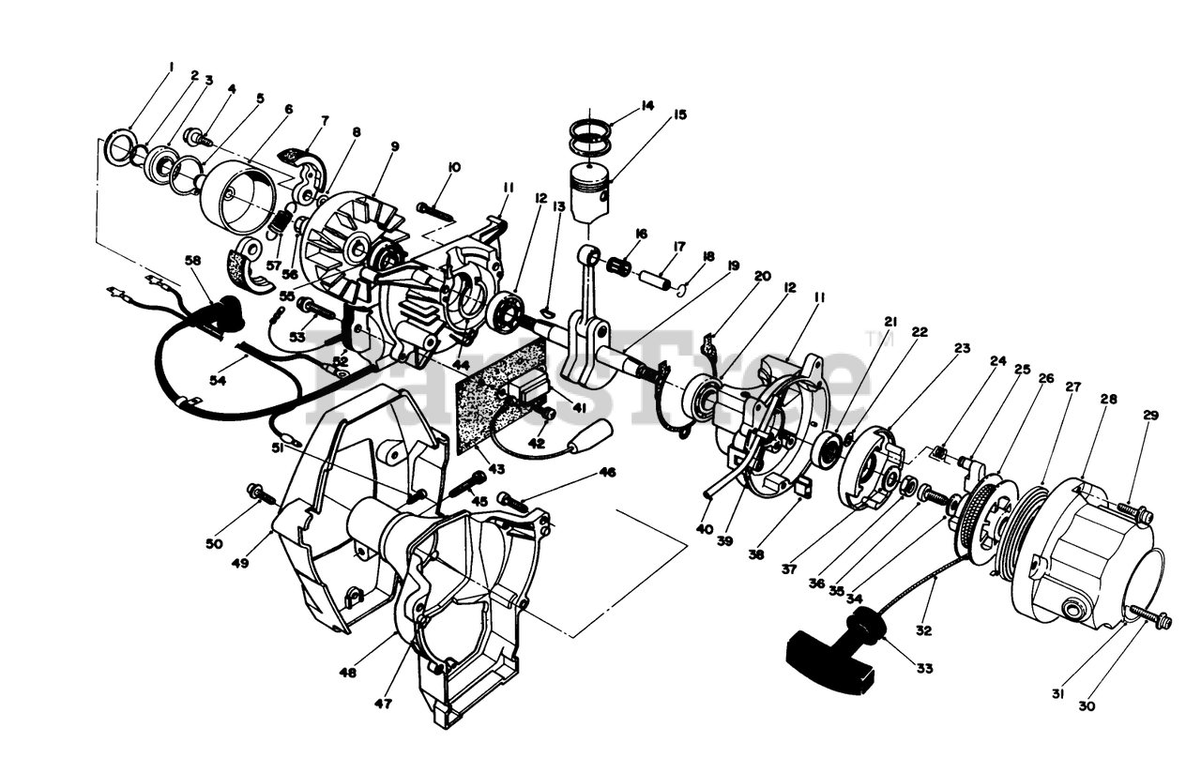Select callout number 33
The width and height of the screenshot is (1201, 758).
coord(925,668)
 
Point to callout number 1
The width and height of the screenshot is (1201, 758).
coord(172,67)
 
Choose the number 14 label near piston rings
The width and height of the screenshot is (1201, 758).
coord(646,107)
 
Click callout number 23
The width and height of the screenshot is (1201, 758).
coord(962,349)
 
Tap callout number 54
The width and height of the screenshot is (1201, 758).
coord(219,380)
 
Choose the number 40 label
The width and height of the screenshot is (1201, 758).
coord(705,528)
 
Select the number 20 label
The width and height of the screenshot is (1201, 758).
coord(761,276)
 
